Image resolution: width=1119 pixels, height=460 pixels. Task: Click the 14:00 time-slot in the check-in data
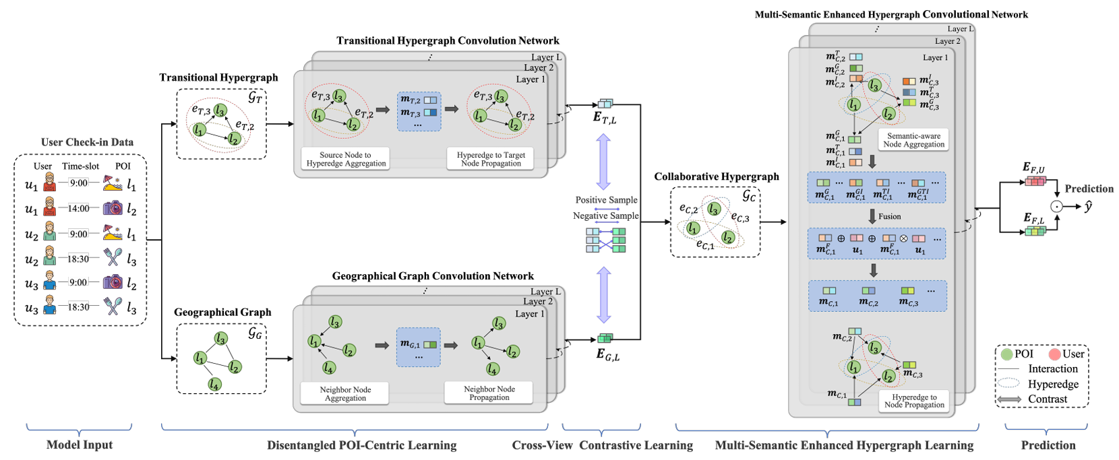tap(78, 208)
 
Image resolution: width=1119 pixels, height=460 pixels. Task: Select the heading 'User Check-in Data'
tap(87, 142)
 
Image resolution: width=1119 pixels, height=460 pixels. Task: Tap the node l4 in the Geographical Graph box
tap(214, 384)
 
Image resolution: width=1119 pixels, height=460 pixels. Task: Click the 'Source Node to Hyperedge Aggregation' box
tap(346, 159)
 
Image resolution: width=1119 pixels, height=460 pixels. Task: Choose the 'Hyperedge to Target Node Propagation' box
tap(490, 159)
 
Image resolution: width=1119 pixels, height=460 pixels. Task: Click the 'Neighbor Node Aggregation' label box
tap(345, 394)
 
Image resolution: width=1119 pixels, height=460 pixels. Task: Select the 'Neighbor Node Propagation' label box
tap(489, 393)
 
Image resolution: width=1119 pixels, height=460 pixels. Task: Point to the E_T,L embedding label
tap(605, 118)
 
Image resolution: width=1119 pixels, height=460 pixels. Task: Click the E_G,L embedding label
tap(607, 354)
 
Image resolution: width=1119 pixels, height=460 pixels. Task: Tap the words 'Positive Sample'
tap(606, 200)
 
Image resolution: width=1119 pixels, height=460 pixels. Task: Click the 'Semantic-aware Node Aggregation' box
tap(913, 140)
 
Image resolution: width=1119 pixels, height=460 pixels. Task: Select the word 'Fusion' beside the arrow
tap(889, 216)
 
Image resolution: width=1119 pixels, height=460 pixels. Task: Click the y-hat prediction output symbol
tap(1087, 207)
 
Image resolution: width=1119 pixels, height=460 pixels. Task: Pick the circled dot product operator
tap(1056, 207)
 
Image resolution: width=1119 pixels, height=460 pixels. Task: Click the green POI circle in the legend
tap(1007, 354)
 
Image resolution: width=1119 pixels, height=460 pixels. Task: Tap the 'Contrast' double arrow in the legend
tap(1009, 399)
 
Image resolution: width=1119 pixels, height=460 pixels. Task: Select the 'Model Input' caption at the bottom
tap(80, 445)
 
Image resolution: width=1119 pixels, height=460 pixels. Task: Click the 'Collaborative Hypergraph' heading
tap(716, 176)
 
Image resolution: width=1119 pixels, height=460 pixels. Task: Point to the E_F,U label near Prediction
tap(1033, 167)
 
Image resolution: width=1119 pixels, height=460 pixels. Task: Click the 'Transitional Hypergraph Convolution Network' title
tap(448, 41)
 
